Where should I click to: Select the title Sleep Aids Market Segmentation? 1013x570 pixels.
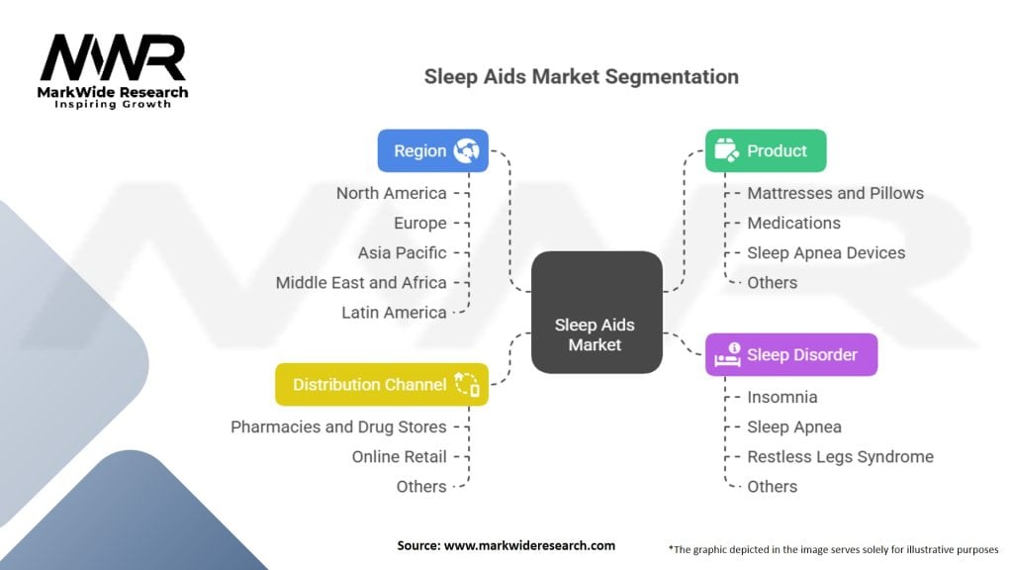581,76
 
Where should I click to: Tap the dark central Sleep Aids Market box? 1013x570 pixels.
597,312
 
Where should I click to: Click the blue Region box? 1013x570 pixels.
432,150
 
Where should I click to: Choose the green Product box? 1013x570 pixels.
765,150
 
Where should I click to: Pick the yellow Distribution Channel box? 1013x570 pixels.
381,384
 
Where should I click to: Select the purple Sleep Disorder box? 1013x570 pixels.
790,354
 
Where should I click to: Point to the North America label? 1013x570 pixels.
391,193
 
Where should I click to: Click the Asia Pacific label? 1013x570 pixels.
402,252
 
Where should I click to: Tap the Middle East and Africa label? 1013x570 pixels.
361,282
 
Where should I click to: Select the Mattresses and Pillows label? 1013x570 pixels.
835,193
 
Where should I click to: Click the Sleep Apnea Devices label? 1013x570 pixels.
826,252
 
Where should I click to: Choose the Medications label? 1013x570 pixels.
793,223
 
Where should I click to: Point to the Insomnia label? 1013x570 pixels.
782,397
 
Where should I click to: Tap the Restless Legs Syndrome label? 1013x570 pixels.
840,456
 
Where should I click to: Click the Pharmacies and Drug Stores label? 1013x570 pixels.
338,427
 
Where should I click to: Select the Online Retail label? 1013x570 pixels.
399,456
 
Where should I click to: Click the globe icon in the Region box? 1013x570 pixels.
466,150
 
